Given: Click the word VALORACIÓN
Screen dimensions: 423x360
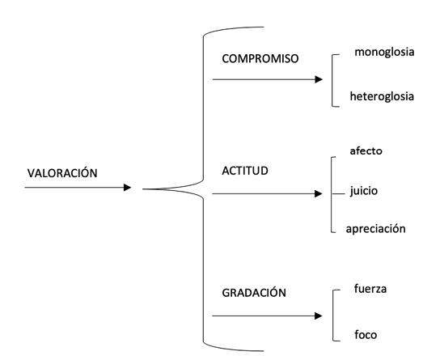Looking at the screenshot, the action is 62,172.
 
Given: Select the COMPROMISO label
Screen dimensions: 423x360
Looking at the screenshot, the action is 260,58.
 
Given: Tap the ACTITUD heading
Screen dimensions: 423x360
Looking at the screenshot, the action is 245,171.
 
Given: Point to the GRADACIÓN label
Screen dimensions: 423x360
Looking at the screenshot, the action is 254,292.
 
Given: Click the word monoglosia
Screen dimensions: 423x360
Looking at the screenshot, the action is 384,52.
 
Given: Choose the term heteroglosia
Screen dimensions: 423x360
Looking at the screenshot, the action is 382,96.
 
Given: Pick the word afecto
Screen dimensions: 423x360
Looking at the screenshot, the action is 366,150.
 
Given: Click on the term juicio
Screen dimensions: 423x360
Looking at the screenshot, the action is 364,191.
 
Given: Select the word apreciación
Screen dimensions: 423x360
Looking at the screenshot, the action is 375,229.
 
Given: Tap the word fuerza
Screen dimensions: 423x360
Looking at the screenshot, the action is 370,289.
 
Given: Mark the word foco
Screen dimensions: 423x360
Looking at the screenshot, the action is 366,335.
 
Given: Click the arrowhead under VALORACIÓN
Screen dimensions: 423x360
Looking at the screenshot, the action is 127,188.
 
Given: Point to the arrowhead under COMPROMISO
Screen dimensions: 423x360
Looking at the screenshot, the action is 319,79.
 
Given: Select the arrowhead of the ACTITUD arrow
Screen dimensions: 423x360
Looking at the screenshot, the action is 319,193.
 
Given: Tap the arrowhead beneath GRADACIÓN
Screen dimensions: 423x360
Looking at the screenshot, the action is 319,316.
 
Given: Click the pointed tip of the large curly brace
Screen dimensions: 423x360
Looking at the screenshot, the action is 142,189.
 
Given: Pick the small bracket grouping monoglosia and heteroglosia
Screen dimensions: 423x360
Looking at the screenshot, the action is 332,80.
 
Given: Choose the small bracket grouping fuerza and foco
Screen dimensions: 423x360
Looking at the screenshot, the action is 333,316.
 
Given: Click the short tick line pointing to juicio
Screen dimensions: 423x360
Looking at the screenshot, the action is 338,194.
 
